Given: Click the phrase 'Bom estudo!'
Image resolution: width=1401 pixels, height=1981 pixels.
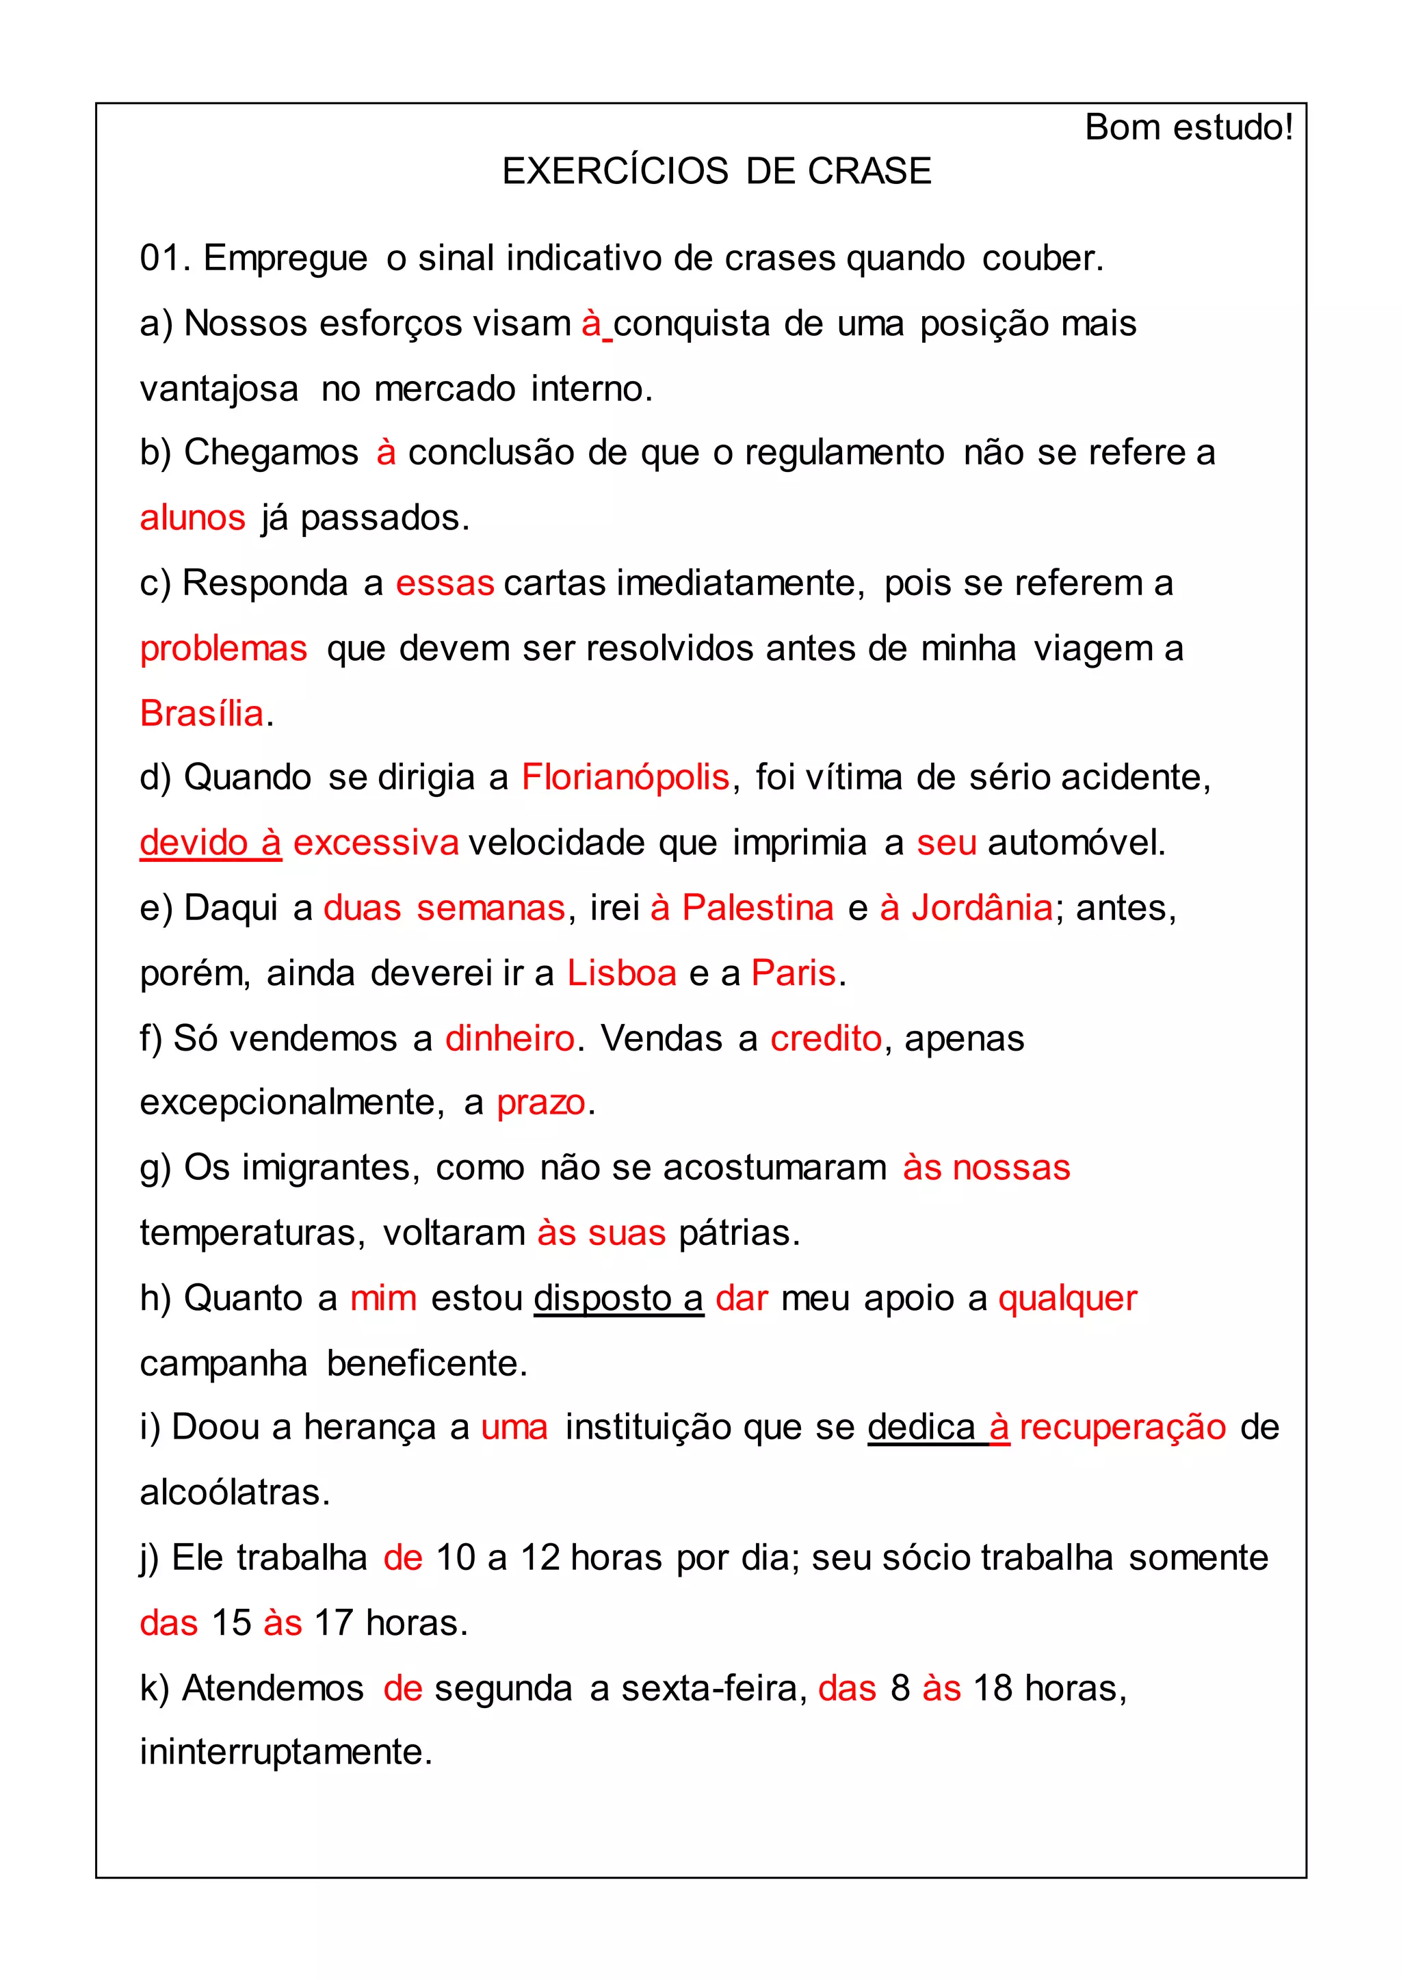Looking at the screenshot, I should tap(1188, 128).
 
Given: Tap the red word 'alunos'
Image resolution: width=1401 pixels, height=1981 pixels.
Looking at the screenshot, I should tap(192, 518).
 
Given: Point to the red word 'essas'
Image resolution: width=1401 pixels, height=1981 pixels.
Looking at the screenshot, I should tap(444, 583).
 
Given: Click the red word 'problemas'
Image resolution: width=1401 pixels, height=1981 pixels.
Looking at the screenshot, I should tap(224, 649).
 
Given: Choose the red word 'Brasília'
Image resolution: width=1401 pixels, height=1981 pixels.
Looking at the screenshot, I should tap(202, 713).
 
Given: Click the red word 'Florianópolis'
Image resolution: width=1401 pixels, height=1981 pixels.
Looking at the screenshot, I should tap(625, 777).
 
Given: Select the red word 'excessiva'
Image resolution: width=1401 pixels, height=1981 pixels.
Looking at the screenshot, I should tap(376, 843).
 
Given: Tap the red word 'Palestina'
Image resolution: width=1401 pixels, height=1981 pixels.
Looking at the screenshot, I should tap(757, 908).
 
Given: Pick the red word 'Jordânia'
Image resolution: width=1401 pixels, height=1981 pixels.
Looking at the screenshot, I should tap(982, 908).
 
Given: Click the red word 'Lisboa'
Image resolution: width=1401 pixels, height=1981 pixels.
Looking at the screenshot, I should tap(621, 973).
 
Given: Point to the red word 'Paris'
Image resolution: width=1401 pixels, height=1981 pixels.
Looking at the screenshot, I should tap(793, 973).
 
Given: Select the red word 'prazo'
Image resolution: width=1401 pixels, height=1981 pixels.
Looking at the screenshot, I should tap(541, 1103).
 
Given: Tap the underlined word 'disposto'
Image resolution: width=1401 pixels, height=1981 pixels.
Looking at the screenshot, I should tap(602, 1298).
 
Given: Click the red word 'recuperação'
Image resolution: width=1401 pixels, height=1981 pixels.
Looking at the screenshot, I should tap(1123, 1428).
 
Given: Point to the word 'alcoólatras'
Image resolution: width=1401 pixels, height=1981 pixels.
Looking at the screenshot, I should tap(235, 1493).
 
